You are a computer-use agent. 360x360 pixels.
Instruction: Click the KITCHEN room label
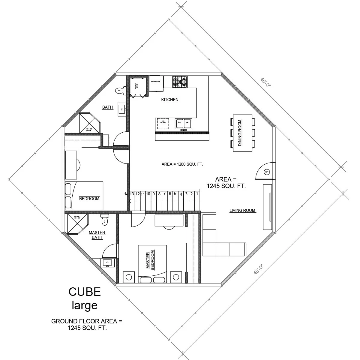(x=170, y=100)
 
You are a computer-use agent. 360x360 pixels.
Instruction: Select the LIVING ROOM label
(x=242, y=210)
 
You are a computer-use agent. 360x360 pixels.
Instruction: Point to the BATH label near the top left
(x=107, y=107)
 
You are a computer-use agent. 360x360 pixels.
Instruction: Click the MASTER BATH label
(x=97, y=235)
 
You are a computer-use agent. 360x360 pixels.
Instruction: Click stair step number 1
(x=197, y=193)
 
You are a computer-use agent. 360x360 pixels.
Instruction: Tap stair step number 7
(x=164, y=193)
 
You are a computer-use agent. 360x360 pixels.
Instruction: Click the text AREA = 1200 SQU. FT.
(x=183, y=164)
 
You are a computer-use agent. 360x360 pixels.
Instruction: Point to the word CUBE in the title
(x=84, y=292)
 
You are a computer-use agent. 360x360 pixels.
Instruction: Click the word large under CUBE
(x=84, y=305)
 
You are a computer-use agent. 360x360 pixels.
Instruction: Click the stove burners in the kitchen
(x=180, y=82)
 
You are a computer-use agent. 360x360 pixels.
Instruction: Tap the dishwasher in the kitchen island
(x=163, y=123)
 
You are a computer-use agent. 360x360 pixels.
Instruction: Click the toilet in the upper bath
(x=119, y=90)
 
